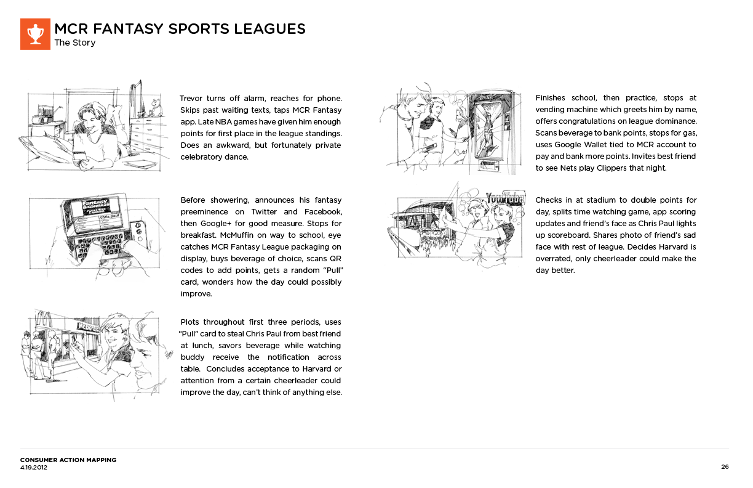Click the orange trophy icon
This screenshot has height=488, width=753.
click(x=35, y=34)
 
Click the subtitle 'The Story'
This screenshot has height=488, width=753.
click(x=75, y=43)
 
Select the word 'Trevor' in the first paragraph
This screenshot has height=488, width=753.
click(x=192, y=99)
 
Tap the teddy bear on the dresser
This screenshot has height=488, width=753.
click(x=154, y=107)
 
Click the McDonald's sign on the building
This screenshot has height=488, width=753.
click(x=86, y=327)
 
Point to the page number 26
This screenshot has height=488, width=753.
click(x=725, y=467)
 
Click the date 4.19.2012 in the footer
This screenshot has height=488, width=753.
click(x=34, y=468)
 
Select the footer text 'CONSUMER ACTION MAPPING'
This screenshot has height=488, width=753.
click(x=68, y=460)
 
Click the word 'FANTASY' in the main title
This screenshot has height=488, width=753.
click(x=127, y=29)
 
